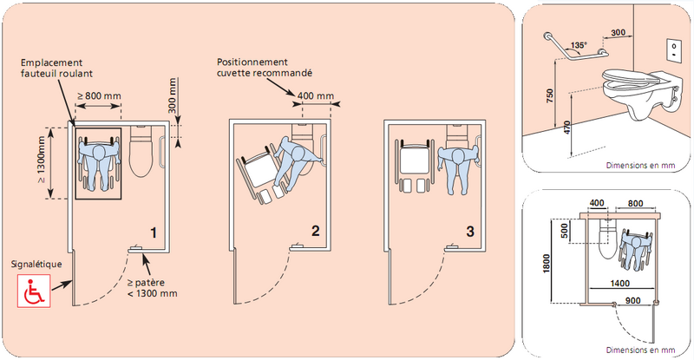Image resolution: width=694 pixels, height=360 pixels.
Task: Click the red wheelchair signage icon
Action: click(x=34, y=290)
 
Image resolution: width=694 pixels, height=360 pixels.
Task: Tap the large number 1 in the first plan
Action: click(x=153, y=232)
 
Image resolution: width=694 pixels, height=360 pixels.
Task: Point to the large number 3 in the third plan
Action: click(x=470, y=232)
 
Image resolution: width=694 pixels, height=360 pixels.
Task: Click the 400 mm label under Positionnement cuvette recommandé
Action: click(x=318, y=95)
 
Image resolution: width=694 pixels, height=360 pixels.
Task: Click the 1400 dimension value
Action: click(x=619, y=283)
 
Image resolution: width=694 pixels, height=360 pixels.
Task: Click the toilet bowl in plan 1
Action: click(x=141, y=154)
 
